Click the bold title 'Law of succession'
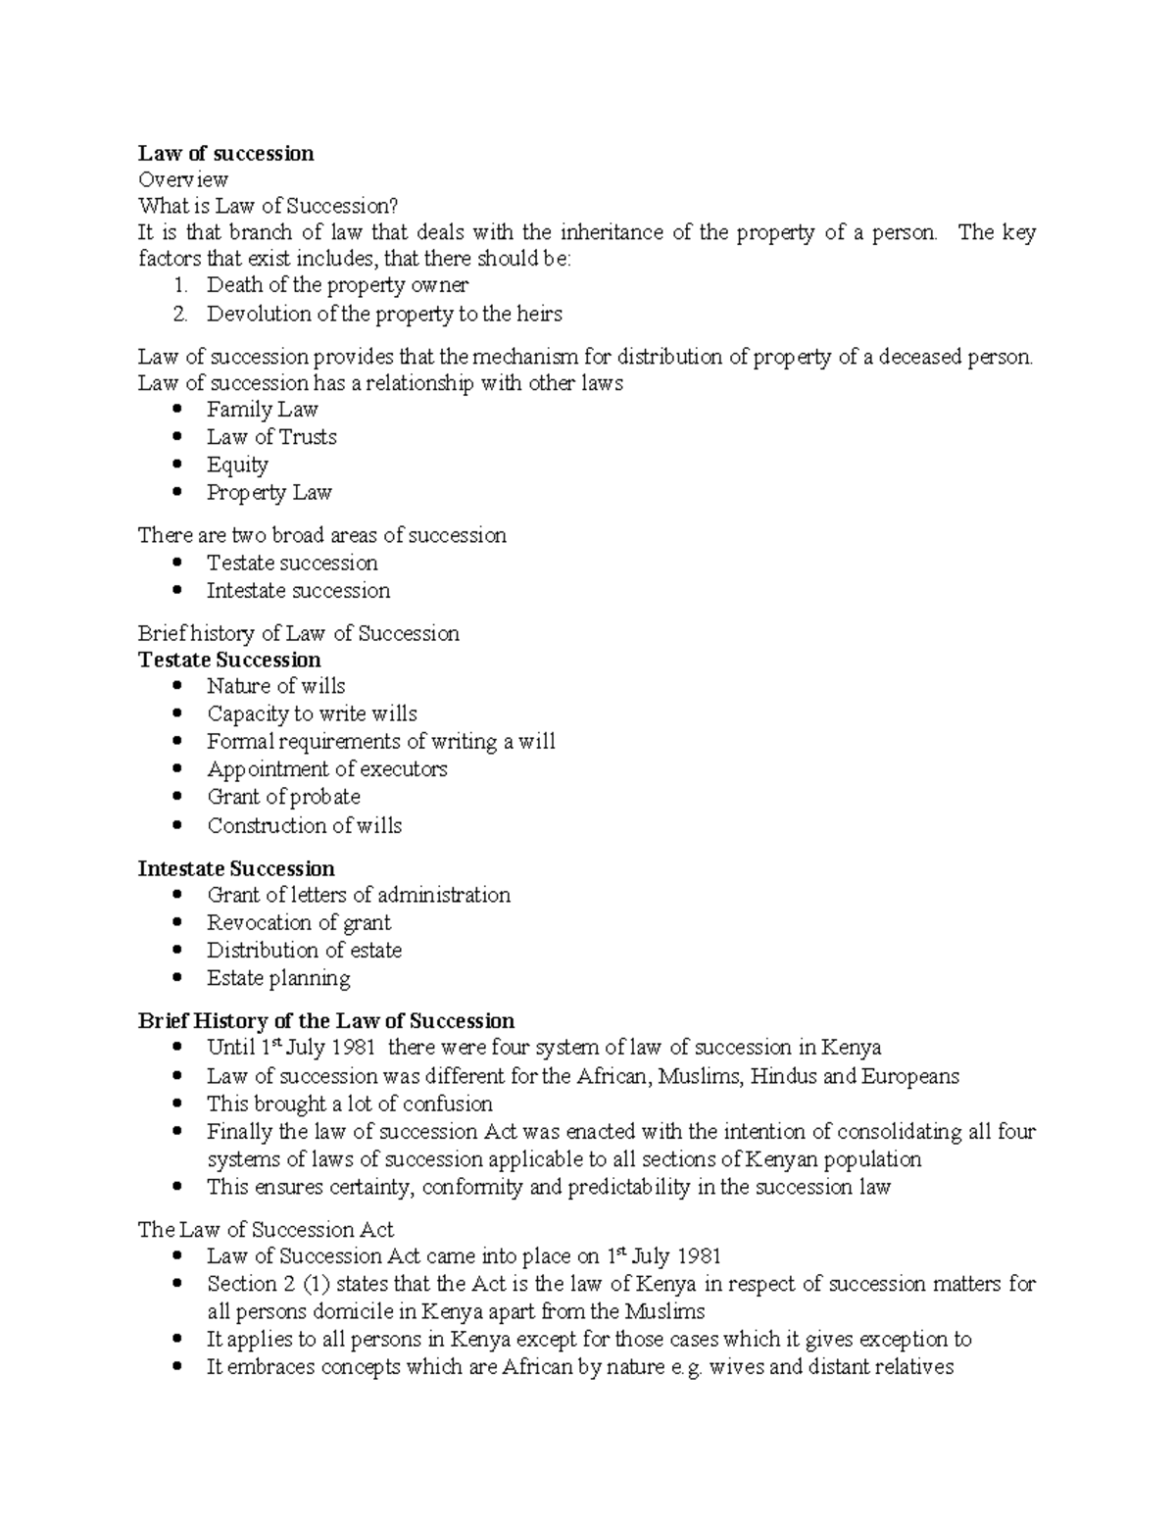(x=225, y=153)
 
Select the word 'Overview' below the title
(x=183, y=179)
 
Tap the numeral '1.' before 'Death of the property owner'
(x=179, y=285)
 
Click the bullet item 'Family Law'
(x=262, y=410)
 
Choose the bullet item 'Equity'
(x=237, y=465)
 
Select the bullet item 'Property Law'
(x=269, y=492)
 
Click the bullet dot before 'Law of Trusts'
(x=176, y=437)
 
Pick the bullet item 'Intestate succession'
(x=298, y=590)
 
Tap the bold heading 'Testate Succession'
(x=229, y=660)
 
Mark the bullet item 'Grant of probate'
(x=283, y=797)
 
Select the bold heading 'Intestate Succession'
(x=236, y=868)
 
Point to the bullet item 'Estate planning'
(x=278, y=978)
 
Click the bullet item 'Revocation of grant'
(x=298, y=922)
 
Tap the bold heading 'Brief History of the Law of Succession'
(x=326, y=1021)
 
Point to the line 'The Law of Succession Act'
(x=266, y=1230)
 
